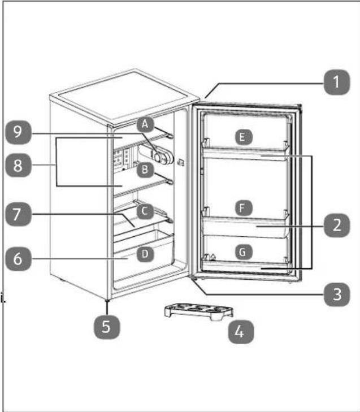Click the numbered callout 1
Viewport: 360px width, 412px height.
pyautogui.click(x=337, y=82)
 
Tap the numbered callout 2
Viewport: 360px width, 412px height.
pyautogui.click(x=337, y=225)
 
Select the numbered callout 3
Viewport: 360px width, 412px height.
pyautogui.click(x=337, y=294)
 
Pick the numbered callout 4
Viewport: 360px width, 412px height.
pyautogui.click(x=241, y=332)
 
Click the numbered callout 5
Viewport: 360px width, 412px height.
pyautogui.click(x=107, y=327)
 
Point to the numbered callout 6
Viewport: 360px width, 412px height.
pyautogui.click(x=18, y=258)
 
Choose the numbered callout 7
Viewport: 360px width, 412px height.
pyautogui.click(x=18, y=214)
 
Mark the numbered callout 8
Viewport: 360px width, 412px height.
pyautogui.click(x=18, y=165)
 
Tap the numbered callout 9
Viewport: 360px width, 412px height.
pyautogui.click(x=18, y=132)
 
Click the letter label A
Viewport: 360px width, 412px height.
pyautogui.click(x=145, y=124)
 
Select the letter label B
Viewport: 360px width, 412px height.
pyautogui.click(x=145, y=170)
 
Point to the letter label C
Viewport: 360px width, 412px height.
pyautogui.click(x=145, y=211)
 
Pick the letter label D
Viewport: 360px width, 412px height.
pyautogui.click(x=145, y=254)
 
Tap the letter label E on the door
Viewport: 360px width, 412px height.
pyautogui.click(x=243, y=137)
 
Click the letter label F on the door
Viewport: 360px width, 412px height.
pyautogui.click(x=243, y=208)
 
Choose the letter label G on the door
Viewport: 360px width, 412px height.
pyautogui.click(x=243, y=252)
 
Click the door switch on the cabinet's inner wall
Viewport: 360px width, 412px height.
pyautogui.click(x=181, y=162)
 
